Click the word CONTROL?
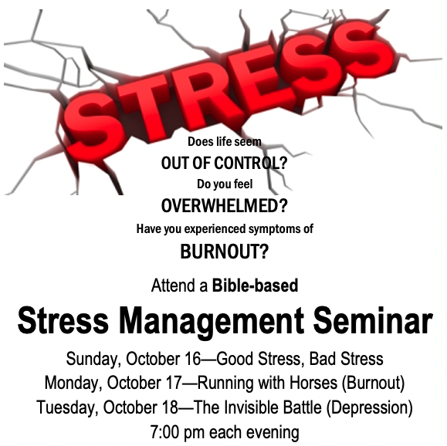pos(250,163)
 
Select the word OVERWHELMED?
pos(225,205)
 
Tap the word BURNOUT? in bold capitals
pos(225,252)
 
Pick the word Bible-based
pos(255,286)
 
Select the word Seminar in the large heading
pos(373,319)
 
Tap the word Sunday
pos(92,359)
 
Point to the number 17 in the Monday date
pos(174,383)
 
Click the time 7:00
pos(164,432)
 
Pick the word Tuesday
pos(65,408)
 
